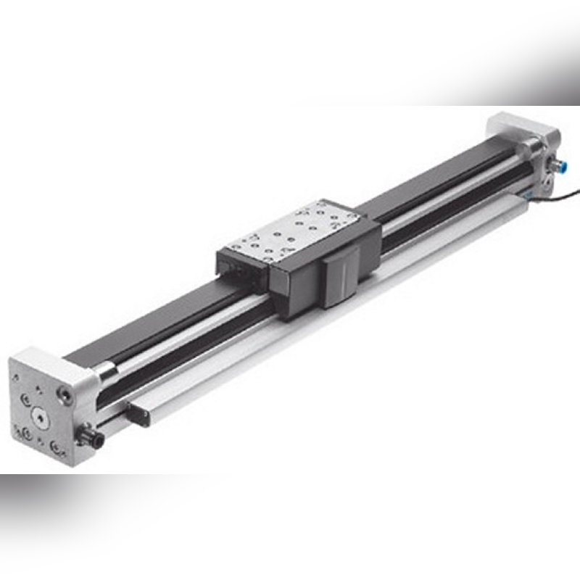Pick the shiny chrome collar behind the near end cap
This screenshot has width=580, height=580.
pyautogui.click(x=104, y=375)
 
